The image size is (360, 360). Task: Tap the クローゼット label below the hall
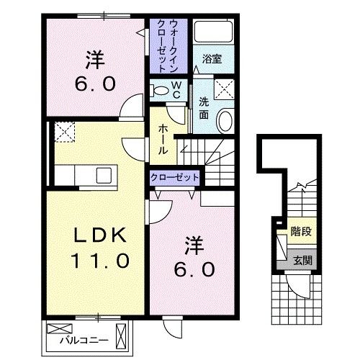coord(174,176)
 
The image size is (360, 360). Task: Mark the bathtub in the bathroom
coord(213,32)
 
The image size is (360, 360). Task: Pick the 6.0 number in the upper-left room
coord(91,83)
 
